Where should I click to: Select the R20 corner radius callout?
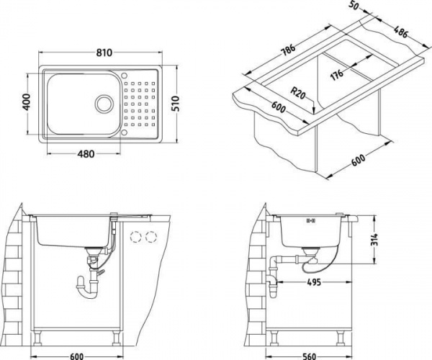(300, 94)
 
